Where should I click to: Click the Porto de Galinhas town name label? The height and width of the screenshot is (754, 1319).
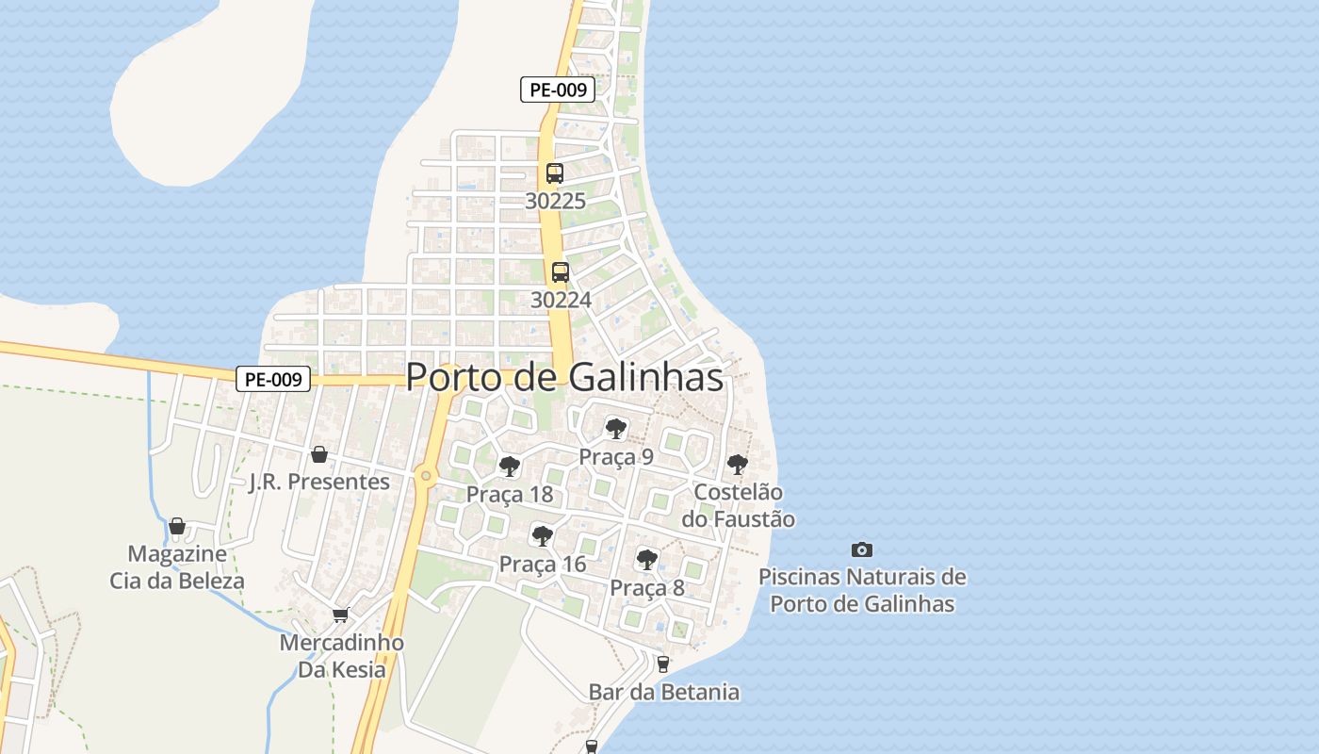coord(564,378)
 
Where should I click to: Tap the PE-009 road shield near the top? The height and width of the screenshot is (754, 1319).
coord(557,90)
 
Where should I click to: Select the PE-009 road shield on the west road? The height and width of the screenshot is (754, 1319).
coord(272,380)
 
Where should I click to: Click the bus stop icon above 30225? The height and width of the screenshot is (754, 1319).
coord(555,173)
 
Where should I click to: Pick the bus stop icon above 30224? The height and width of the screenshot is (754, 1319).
coord(561,272)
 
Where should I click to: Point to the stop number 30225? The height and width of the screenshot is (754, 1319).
coord(556,201)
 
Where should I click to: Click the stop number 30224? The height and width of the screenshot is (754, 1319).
coord(562,300)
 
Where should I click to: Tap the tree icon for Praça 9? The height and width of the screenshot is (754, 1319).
coord(616,430)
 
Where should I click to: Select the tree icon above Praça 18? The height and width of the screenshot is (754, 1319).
coord(510,466)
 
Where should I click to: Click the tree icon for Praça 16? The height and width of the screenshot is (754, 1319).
coord(542,536)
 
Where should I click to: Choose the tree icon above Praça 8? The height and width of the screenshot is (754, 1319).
coord(646,559)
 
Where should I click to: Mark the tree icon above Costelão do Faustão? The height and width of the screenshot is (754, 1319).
coord(738,464)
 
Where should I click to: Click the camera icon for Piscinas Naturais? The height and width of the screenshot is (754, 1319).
coord(861,549)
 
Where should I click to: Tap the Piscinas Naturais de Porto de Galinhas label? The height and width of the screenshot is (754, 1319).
coord(862,590)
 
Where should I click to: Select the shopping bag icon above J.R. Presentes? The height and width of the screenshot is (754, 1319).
coord(319,454)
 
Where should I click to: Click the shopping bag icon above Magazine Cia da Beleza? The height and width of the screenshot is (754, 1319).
coord(177,525)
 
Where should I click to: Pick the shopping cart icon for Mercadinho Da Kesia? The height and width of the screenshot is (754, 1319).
coord(340,615)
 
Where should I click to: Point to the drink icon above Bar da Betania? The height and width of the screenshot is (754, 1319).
coord(663,664)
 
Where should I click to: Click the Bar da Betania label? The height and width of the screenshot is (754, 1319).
coord(664,693)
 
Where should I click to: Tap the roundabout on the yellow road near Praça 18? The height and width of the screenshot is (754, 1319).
coord(426,475)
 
